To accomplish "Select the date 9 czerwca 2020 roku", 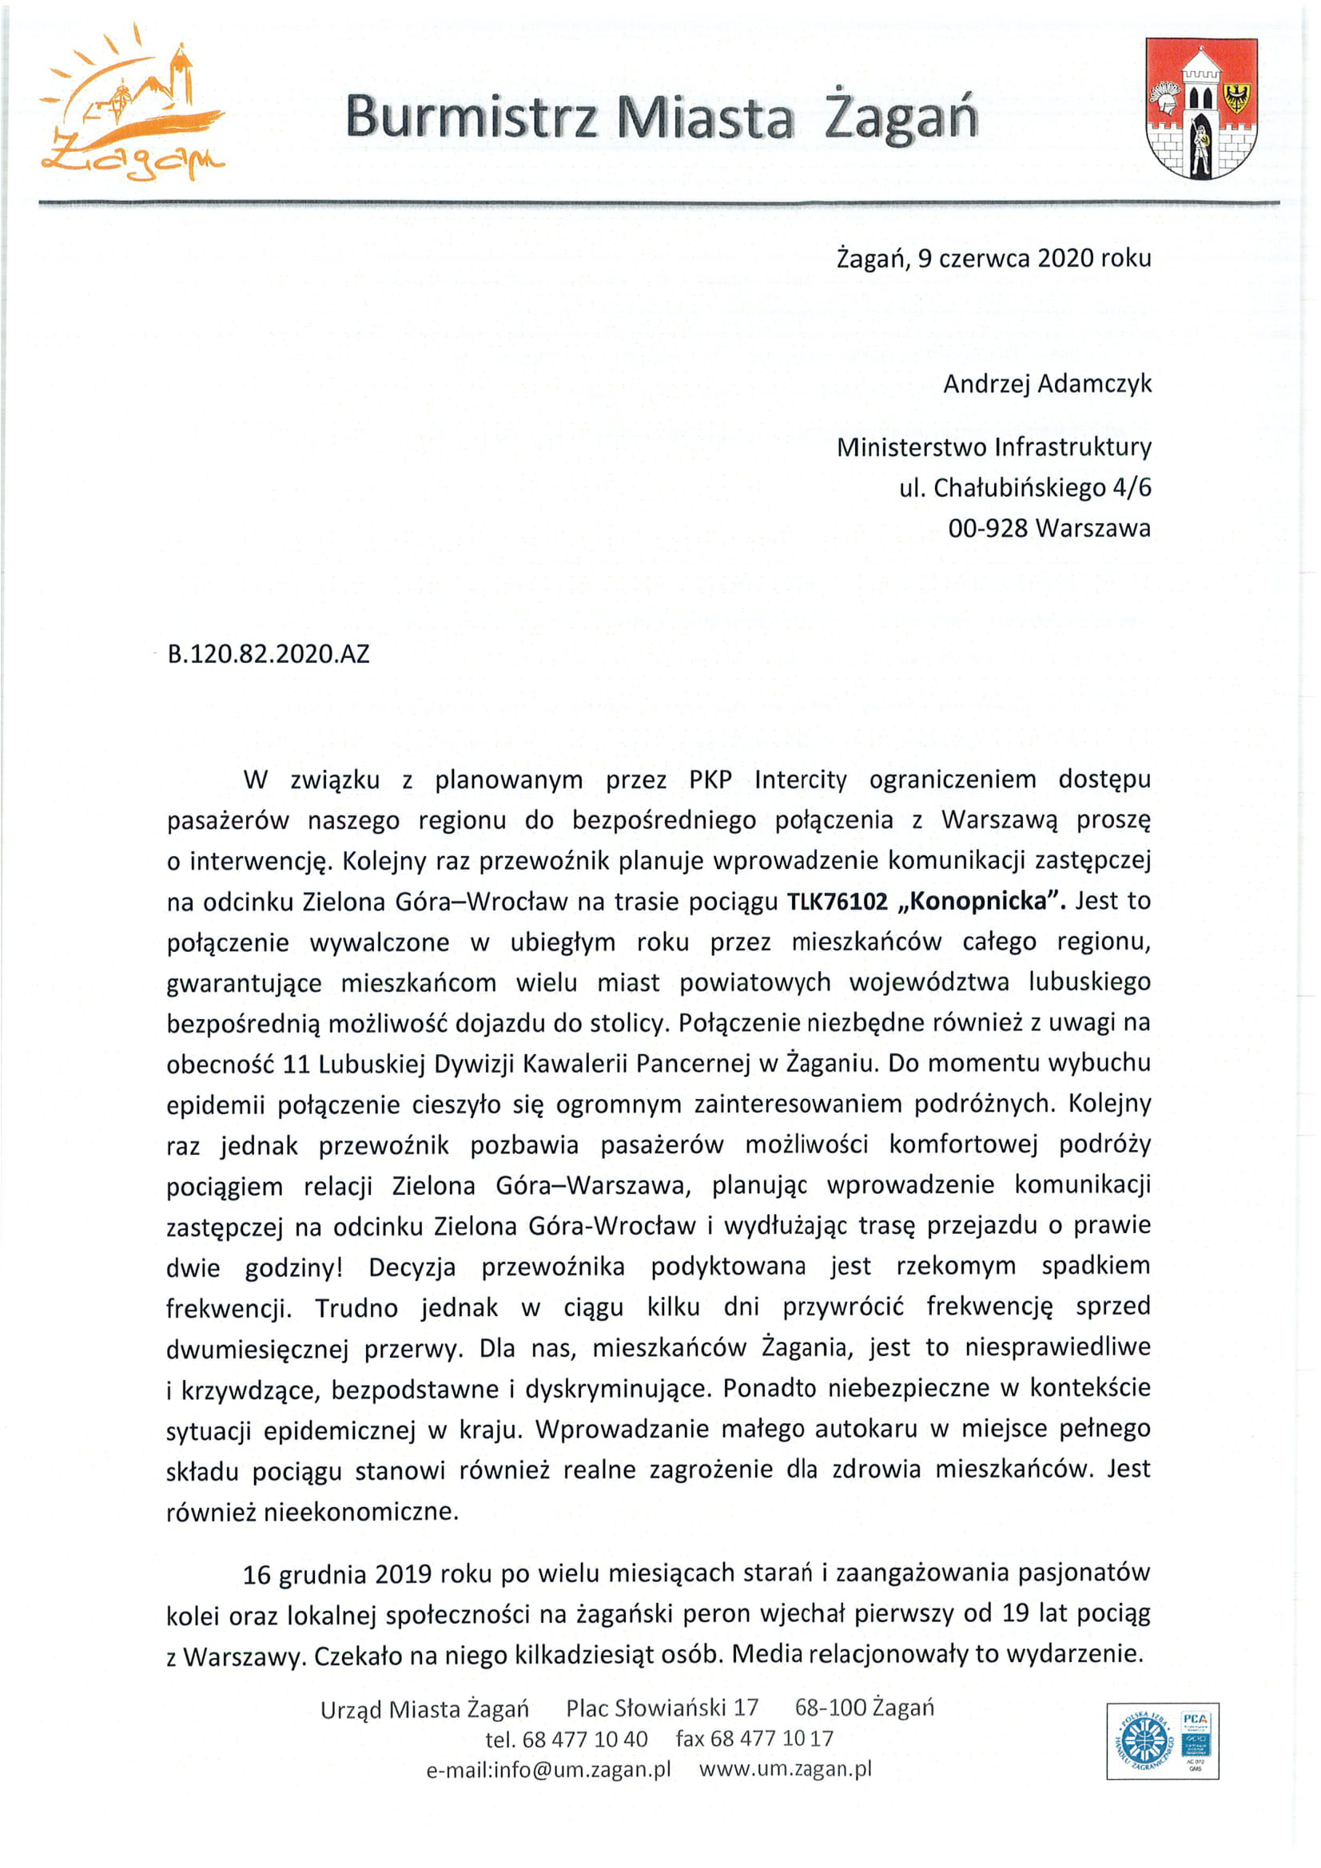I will click(1033, 259).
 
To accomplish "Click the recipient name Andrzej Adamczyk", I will click(1047, 383).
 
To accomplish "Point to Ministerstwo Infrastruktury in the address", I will click(993, 446).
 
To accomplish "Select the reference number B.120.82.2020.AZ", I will click(269, 653).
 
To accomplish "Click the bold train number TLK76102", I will click(836, 902).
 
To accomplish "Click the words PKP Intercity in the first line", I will click(767, 779).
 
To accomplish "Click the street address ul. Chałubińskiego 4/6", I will click(1025, 488).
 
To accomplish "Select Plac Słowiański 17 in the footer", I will click(662, 1707).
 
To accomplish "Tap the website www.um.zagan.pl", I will click(785, 1770).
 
